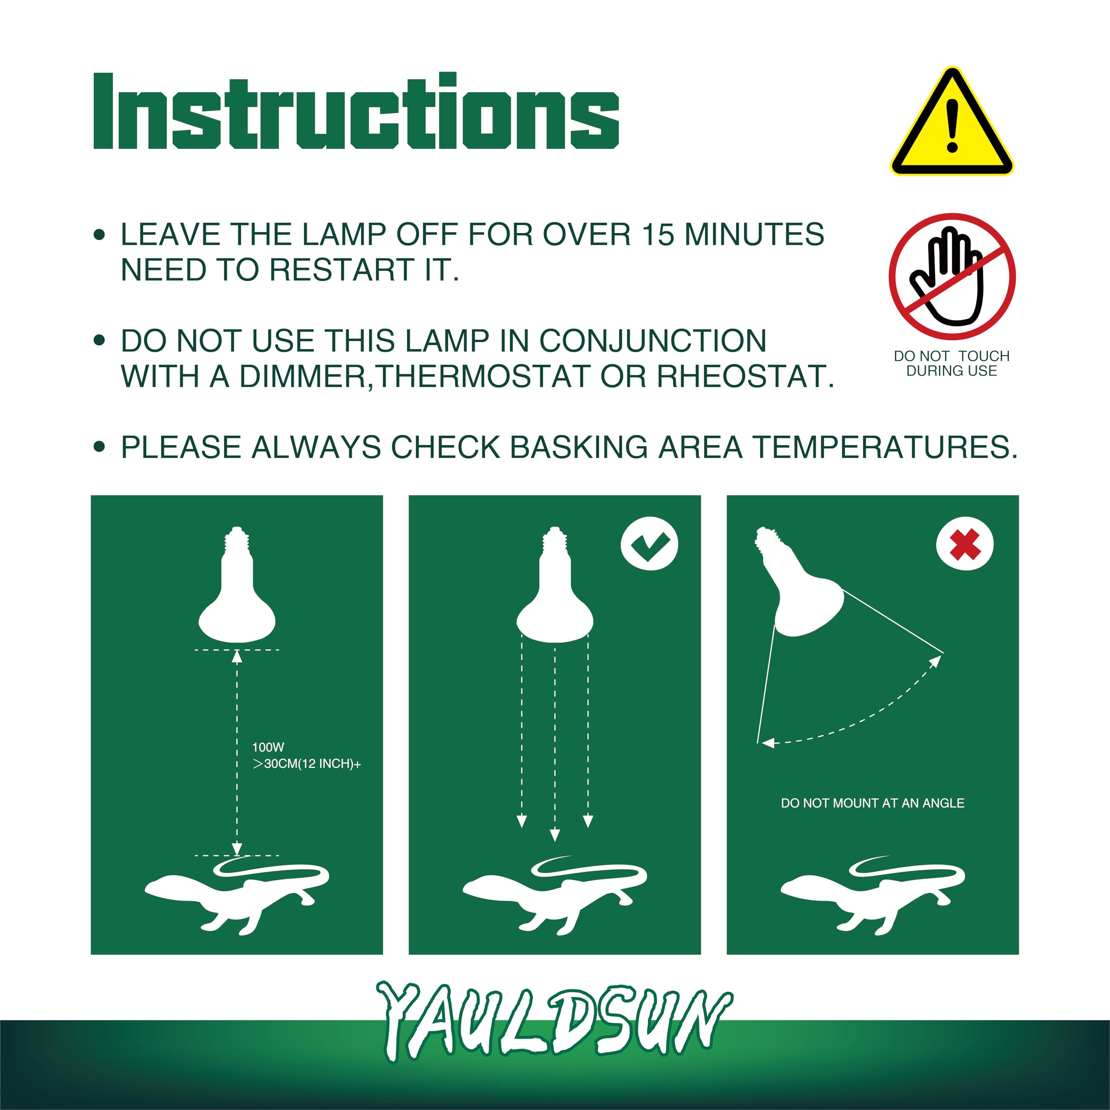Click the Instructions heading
pos(356,112)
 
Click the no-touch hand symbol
pos(952,276)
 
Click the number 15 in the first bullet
pos(657,235)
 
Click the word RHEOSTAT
pos(744,376)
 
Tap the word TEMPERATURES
pos(885,447)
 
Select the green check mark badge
pos(649,543)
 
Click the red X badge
pos(965,543)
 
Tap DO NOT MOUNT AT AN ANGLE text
pos(872,803)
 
